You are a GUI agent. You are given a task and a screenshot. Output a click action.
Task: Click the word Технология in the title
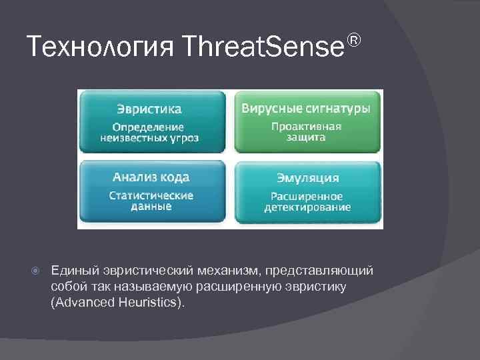click(100, 47)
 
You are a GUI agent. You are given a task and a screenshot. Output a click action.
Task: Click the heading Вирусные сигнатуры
click(306, 108)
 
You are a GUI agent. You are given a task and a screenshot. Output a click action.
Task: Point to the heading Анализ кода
click(151, 177)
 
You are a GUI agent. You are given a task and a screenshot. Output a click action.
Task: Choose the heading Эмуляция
click(307, 178)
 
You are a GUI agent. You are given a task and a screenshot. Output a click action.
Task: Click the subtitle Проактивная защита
click(307, 132)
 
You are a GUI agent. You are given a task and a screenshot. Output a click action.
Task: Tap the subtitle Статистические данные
click(151, 201)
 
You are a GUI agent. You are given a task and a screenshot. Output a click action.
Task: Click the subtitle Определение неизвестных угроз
click(149, 132)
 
